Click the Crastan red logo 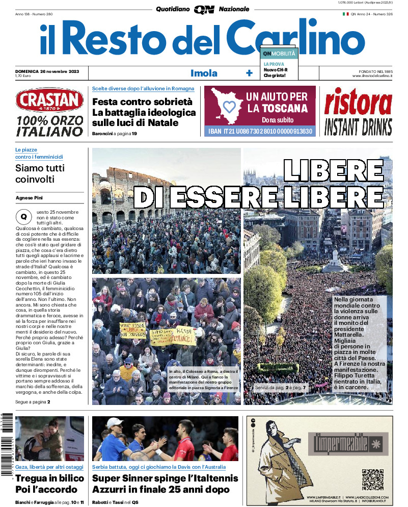click(49, 100)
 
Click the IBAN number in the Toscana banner click(260, 132)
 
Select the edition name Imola click(204, 73)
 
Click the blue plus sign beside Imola click(249, 73)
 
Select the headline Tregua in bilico click(49, 478)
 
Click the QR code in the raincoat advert click(372, 479)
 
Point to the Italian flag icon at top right click(345, 14)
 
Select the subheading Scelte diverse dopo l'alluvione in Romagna click(143, 89)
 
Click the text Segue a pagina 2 click(33, 402)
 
